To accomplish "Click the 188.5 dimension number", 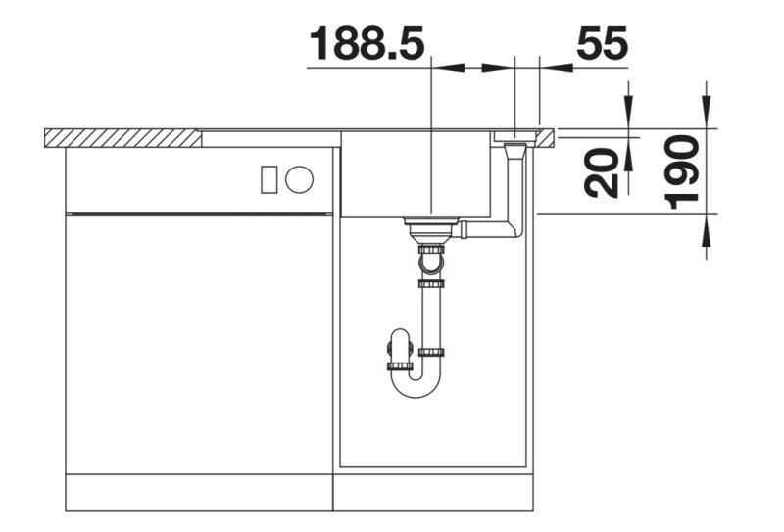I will click(x=367, y=44).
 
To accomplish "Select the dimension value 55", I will click(x=602, y=44).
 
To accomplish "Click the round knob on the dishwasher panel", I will click(x=300, y=179).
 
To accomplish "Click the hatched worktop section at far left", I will click(x=122, y=137).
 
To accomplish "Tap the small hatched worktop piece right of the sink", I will click(x=546, y=136).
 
